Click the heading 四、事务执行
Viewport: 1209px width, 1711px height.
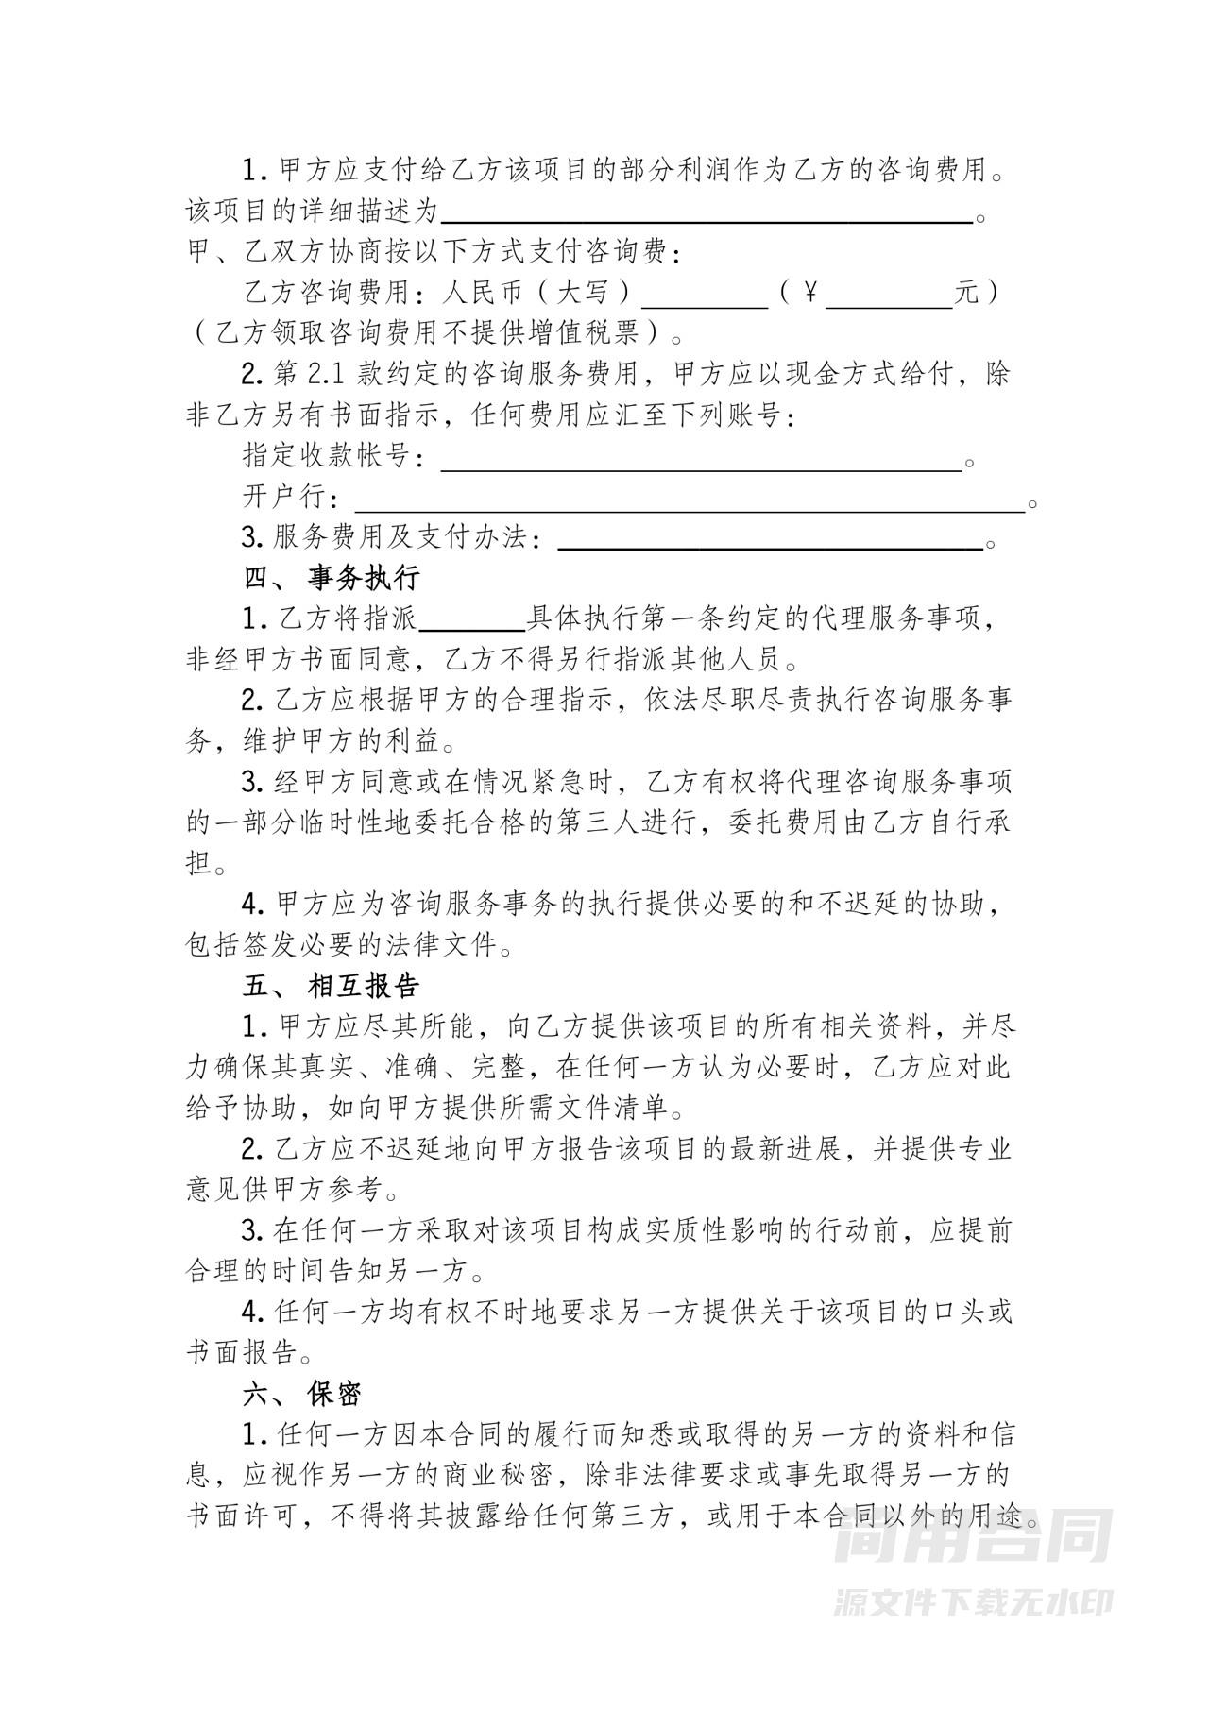[332, 578]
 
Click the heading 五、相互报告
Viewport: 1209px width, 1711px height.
[332, 987]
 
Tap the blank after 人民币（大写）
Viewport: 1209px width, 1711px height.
[706, 295]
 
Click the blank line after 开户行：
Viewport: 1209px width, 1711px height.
[690, 499]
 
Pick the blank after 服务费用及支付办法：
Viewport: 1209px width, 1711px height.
[771, 539]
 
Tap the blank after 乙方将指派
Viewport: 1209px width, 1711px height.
[471, 619]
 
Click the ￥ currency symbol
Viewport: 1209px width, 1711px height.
[809, 294]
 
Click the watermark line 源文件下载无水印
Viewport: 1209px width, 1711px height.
[974, 1602]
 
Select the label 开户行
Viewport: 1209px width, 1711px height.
[284, 498]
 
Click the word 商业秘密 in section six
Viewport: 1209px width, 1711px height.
[514, 1475]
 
